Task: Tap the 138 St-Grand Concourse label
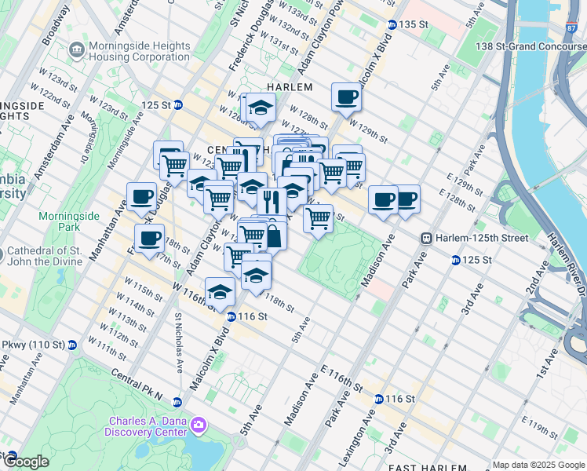[533, 47]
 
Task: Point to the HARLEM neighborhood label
[290, 87]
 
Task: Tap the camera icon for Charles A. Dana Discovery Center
[199, 425]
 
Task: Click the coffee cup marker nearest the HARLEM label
[346, 98]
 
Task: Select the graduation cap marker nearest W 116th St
[221, 293]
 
